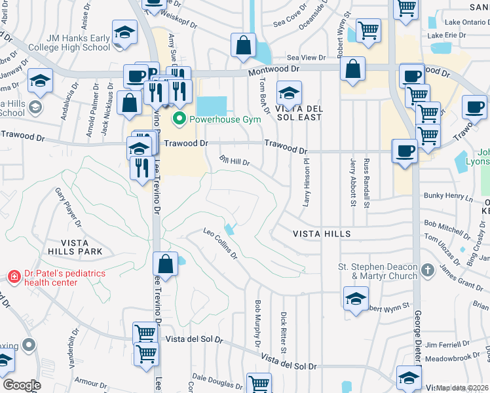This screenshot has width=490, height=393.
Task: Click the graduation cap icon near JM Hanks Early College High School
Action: (x=124, y=33)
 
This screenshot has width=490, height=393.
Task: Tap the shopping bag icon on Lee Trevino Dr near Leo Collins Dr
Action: (x=166, y=264)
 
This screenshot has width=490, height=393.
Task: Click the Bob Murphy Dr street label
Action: (x=257, y=324)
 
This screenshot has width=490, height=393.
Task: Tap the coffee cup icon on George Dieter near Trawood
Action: (x=404, y=151)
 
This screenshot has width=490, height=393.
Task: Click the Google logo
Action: (x=21, y=385)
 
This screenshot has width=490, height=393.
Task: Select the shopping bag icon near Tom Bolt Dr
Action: (x=243, y=45)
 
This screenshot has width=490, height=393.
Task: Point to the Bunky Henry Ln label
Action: (x=448, y=196)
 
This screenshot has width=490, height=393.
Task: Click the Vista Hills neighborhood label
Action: (x=322, y=234)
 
